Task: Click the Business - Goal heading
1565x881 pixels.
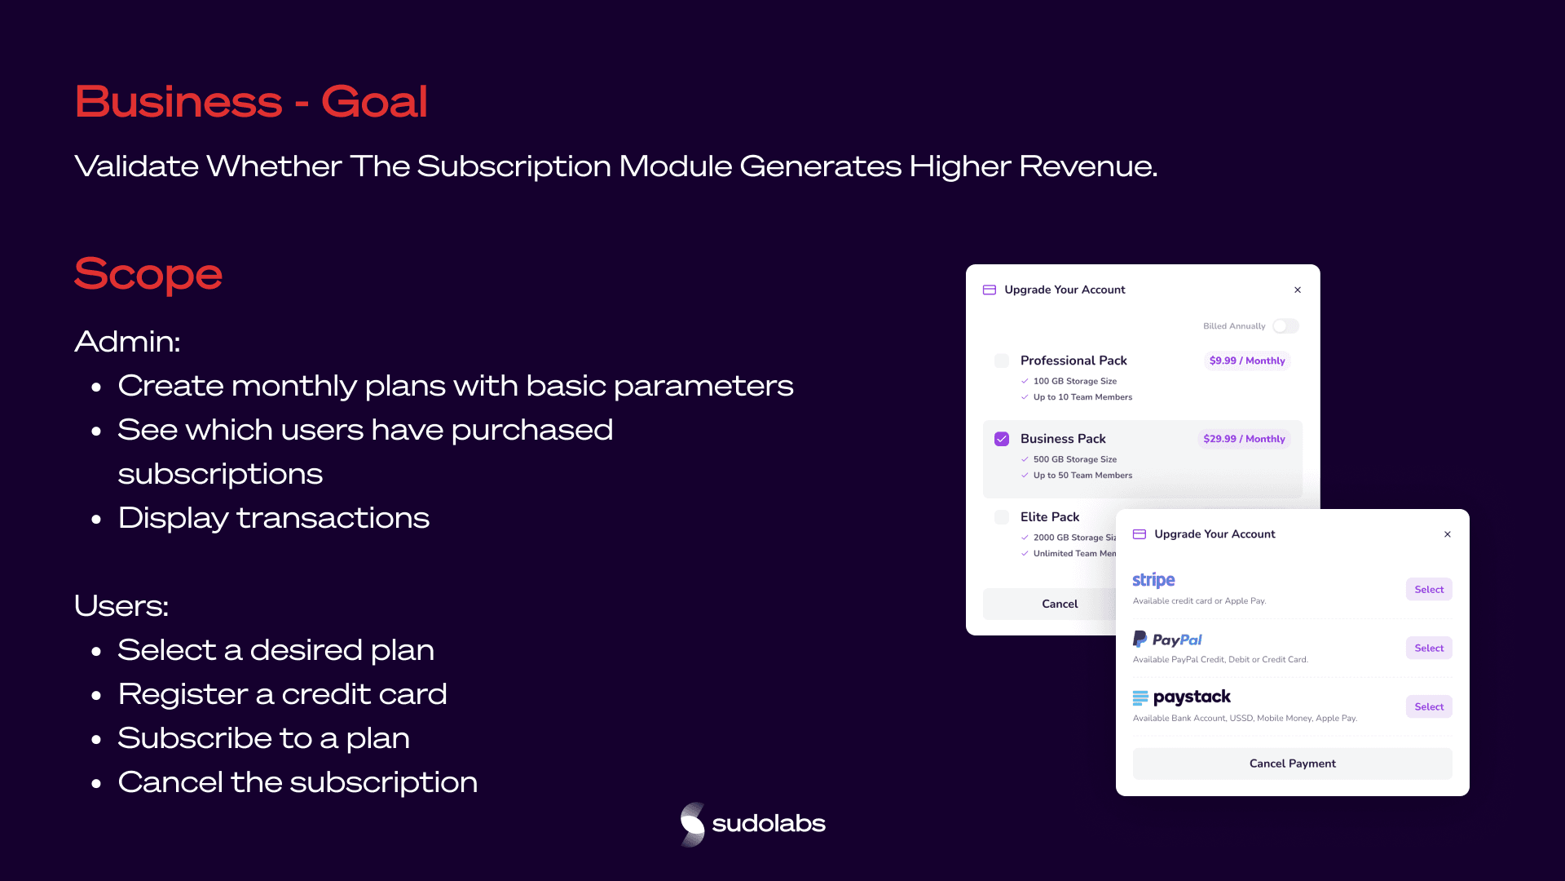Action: [251, 102]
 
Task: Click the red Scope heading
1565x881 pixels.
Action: [148, 274]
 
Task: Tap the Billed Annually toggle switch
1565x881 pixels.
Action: [1285, 326]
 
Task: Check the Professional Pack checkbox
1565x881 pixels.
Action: [1002, 361]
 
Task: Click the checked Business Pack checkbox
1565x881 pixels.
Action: [1002, 439]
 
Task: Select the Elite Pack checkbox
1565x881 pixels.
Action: [1002, 517]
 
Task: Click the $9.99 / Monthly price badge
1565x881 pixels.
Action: [1247, 361]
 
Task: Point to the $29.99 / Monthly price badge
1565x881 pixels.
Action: [1244, 439]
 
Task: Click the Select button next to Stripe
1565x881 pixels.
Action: [1429, 590]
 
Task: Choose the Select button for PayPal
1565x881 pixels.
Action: [1429, 649]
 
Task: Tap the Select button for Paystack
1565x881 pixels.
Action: [1429, 707]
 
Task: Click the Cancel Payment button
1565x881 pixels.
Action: [1293, 764]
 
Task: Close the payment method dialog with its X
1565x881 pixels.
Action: [1448, 534]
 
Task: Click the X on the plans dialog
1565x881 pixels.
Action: [1298, 290]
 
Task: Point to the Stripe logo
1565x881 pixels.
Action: [1153, 580]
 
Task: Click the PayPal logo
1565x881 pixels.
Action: [1167, 640]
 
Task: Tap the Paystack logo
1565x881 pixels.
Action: [1182, 697]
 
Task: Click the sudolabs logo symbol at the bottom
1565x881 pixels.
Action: [693, 824]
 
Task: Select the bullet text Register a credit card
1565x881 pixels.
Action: [282, 694]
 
